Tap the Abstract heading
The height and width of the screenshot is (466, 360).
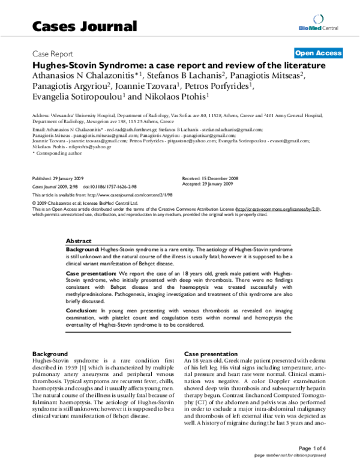coord(79,239)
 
